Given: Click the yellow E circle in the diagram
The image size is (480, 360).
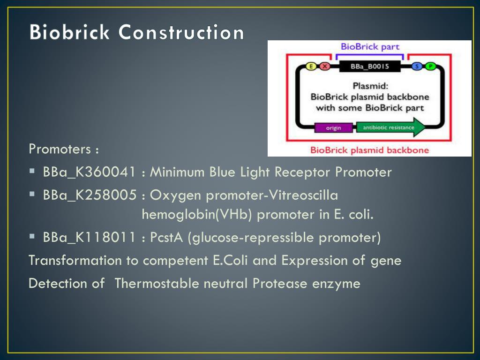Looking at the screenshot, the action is coord(311,66).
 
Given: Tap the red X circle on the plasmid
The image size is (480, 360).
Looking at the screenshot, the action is coord(324,66).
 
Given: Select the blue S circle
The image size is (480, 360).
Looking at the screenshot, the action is coord(417,66).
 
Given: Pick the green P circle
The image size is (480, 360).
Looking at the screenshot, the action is coord(430,66).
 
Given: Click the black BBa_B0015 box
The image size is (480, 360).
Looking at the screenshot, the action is coord(369,66).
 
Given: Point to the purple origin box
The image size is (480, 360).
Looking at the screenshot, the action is coord(333,127).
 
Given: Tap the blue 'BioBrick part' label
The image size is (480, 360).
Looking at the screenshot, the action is coord(370,46).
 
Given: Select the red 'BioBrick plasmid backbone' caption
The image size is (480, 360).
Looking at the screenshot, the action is coord(369,150).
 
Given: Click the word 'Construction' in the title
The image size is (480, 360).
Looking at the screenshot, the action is coord(181,32).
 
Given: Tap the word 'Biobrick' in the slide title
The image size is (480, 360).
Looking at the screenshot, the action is coord(69,32).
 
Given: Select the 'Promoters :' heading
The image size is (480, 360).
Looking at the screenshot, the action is coord(64,149).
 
